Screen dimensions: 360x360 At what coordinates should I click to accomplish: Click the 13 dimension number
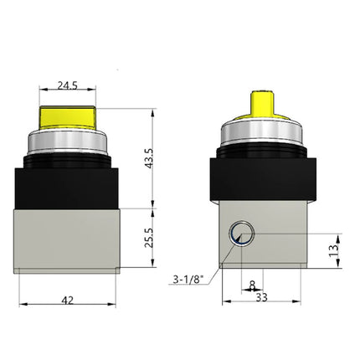333,249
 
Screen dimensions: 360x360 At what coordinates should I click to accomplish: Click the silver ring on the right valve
260,139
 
